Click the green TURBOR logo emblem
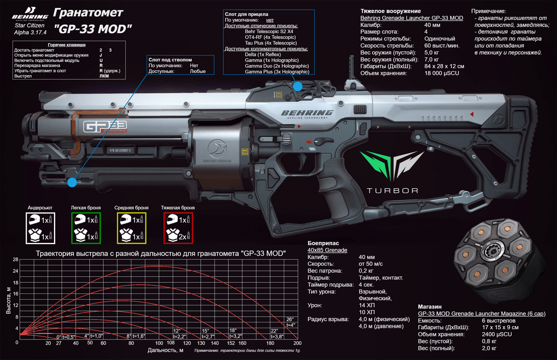click(x=392, y=165)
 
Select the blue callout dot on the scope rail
click(x=298, y=87)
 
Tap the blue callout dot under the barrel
click(x=72, y=182)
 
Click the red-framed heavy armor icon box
click(x=178, y=228)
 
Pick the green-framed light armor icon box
click(x=86, y=228)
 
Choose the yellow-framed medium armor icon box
click(x=132, y=228)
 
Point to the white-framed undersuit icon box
click(x=40, y=228)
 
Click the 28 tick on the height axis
click(x=16, y=260)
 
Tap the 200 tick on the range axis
click(x=297, y=343)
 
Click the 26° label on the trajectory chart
click(x=290, y=319)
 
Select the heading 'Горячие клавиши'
click(x=67, y=45)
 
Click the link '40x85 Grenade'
click(x=327, y=250)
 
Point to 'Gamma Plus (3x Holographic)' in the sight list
click(x=277, y=71)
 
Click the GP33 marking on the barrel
click(x=105, y=127)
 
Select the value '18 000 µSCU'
click(x=442, y=73)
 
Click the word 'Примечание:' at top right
click(x=489, y=11)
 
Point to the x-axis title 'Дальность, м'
click(x=166, y=350)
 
